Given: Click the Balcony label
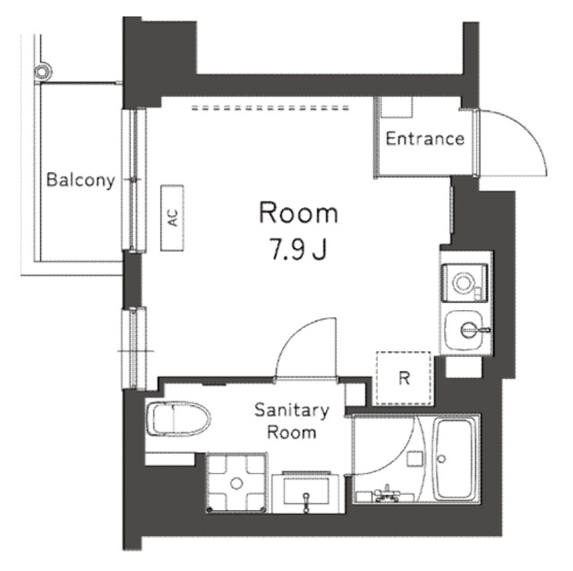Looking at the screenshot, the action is [x=81, y=180].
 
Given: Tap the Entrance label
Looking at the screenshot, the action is [x=425, y=139].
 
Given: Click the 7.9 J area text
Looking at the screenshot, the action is [x=297, y=248].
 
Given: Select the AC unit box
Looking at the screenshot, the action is [x=172, y=218].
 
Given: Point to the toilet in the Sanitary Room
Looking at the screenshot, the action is [x=178, y=420].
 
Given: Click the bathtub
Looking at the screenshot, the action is [x=454, y=460].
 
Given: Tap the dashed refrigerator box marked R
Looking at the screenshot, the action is [x=404, y=378].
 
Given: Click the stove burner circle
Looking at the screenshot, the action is [x=464, y=282].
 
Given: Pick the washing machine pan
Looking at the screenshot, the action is [x=236, y=483].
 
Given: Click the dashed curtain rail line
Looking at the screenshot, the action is [x=270, y=108].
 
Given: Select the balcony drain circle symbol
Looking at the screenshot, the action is [x=43, y=71].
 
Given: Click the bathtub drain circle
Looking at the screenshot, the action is [x=441, y=459].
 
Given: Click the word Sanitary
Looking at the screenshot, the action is [x=292, y=411].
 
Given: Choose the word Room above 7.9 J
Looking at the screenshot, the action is [x=298, y=212].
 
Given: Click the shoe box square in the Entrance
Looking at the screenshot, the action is [x=397, y=107].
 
